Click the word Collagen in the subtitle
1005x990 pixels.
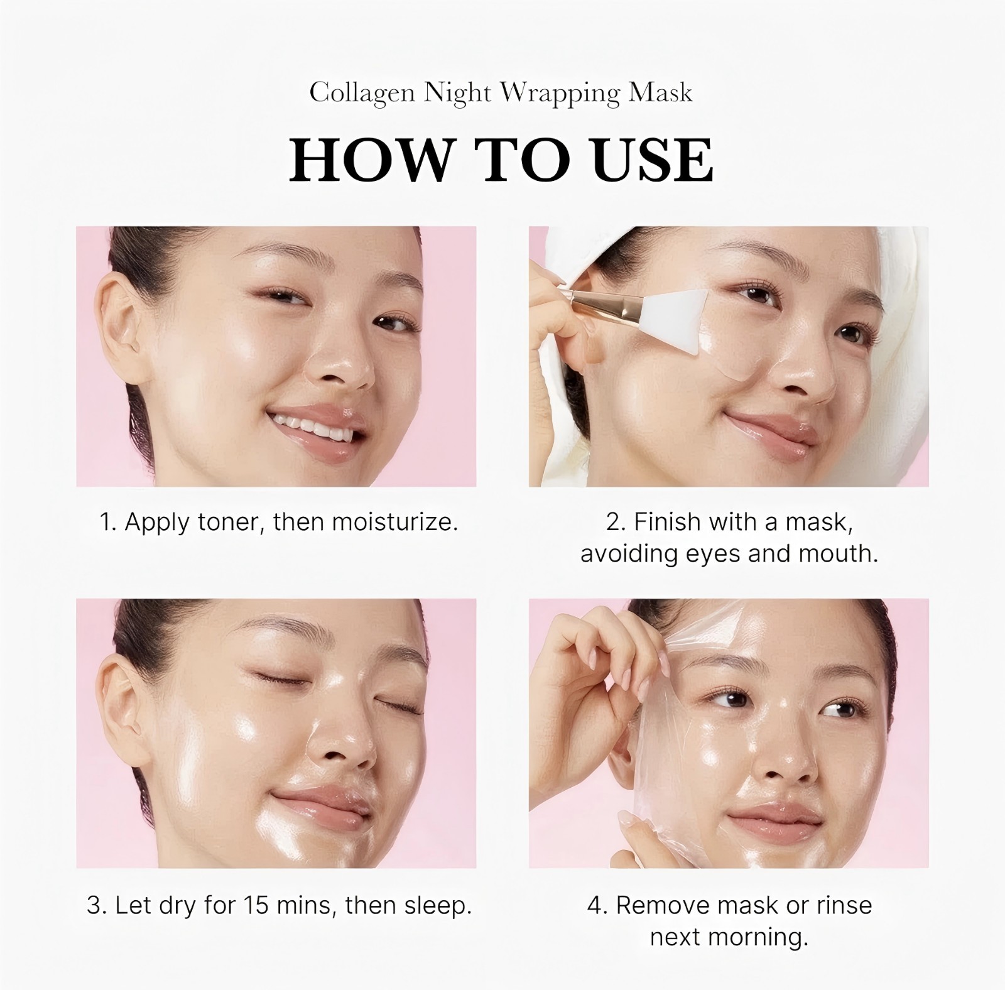pyautogui.click(x=362, y=94)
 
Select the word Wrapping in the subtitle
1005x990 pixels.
pyautogui.click(x=559, y=94)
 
